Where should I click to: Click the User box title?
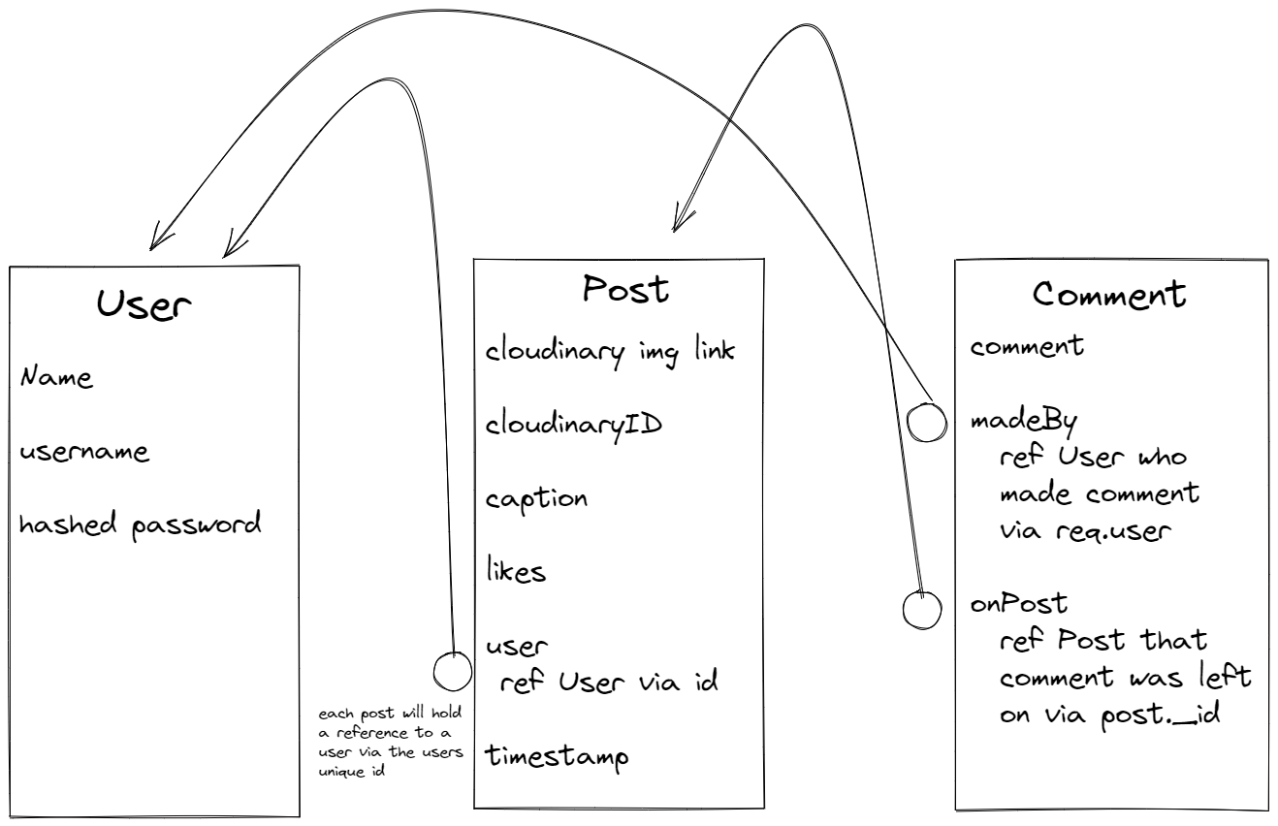click(x=144, y=305)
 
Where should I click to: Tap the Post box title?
click(x=625, y=289)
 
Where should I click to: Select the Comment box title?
click(x=1109, y=295)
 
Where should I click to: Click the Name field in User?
click(x=56, y=377)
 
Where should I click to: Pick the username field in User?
click(x=83, y=453)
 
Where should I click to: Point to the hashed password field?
click(x=140, y=526)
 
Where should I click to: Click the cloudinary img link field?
click(x=609, y=351)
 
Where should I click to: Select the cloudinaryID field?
click(x=573, y=425)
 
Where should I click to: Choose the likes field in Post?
click(x=515, y=571)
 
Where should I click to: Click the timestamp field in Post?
click(x=557, y=755)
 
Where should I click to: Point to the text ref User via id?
click(x=608, y=682)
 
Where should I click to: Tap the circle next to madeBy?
click(x=926, y=422)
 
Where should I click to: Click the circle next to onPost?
click(x=922, y=608)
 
